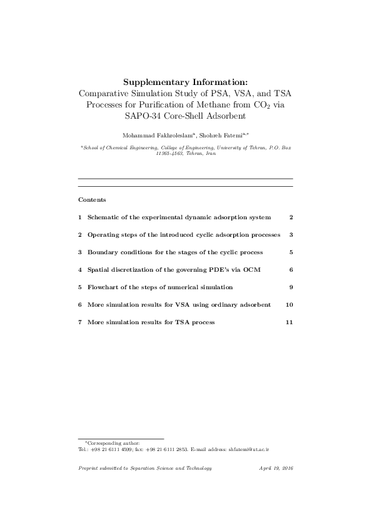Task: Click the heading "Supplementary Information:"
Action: [185, 82]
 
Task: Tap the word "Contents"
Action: [92, 200]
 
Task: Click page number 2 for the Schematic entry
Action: [291, 217]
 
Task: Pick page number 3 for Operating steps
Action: [291, 234]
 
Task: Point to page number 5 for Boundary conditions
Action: [291, 252]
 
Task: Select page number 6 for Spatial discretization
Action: [291, 269]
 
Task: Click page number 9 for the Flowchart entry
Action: [291, 287]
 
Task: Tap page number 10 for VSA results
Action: [289, 304]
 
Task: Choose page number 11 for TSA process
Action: [289, 322]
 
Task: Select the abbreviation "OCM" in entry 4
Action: [252, 269]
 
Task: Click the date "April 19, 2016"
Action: [276, 468]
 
